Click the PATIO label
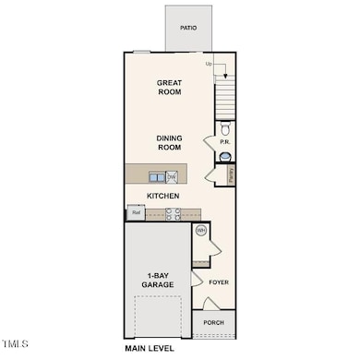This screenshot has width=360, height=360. pos(189,28)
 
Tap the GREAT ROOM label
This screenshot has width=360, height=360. pos(169,88)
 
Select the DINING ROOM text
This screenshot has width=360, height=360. pos(169,143)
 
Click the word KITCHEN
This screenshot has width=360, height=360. pos(162,197)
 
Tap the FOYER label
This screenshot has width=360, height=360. pos(219,282)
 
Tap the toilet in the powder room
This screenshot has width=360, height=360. pos(225,129)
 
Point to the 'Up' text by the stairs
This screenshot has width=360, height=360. pos(209,64)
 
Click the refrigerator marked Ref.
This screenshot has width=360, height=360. pos(136,212)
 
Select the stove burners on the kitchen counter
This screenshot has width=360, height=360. pos(173,212)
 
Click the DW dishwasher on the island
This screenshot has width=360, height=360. pos(172,176)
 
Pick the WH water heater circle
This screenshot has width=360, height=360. pos(200,231)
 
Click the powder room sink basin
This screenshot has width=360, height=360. pos(225,156)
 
